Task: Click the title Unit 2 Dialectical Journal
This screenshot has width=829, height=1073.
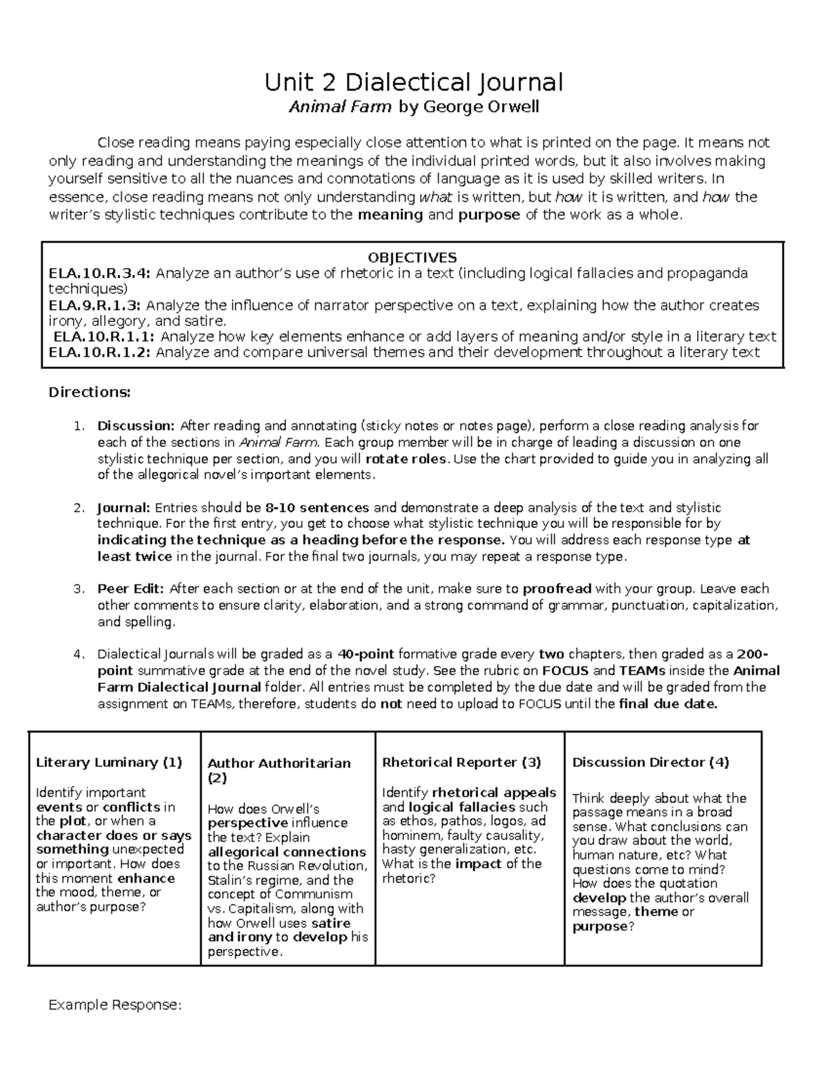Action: coord(414,82)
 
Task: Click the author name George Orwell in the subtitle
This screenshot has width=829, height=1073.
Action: coord(480,107)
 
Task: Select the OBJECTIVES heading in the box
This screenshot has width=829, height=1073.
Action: coord(412,258)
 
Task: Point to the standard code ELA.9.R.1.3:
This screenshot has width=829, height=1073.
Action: coord(95,305)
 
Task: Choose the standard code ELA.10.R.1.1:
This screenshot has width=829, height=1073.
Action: coord(104,337)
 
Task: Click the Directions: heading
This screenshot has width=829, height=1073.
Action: coord(89,392)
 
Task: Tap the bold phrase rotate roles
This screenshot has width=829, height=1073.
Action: coord(406,459)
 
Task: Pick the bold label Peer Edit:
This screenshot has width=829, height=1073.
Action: coord(131,589)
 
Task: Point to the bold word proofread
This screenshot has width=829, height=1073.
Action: coord(557,589)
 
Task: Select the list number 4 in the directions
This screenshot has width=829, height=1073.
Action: coord(78,654)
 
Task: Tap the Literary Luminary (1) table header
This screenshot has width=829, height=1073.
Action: coord(109,762)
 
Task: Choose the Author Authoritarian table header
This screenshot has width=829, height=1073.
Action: coord(279,763)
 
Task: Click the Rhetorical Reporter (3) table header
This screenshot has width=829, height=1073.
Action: coord(461,762)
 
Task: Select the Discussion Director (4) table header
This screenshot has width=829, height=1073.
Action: coord(650,762)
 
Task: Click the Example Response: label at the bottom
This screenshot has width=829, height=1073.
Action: coord(115,1005)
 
